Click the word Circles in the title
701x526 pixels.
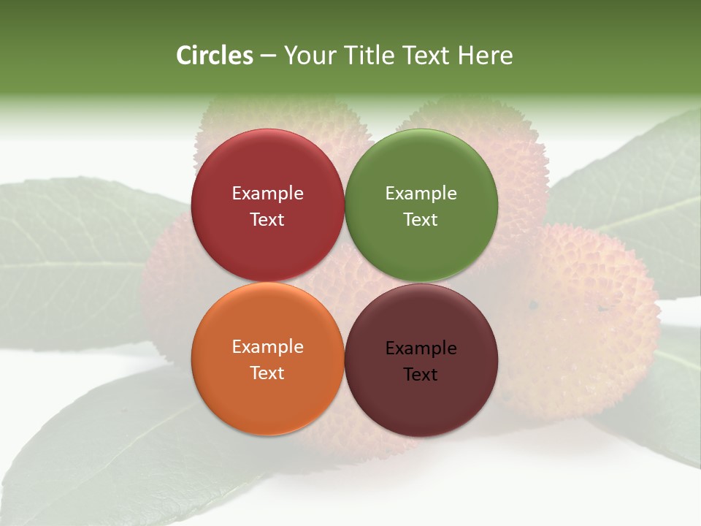(214, 56)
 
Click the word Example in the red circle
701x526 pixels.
(267, 193)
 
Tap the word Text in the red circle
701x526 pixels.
(267, 219)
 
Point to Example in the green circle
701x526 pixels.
(421, 193)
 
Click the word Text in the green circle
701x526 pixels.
(421, 219)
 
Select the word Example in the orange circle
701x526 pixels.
(267, 346)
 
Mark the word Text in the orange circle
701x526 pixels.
(267, 373)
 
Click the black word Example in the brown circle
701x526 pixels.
(421, 348)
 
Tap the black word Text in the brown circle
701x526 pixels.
(421, 374)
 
